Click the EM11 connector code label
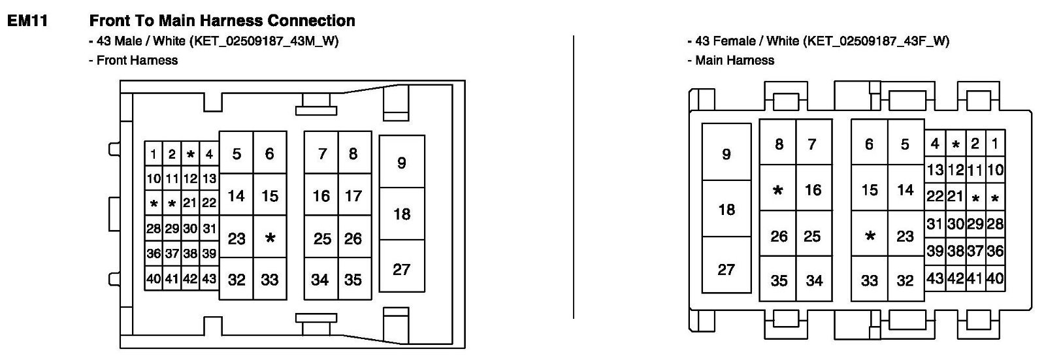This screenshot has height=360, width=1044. coord(27,21)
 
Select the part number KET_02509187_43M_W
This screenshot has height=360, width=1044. coord(264,41)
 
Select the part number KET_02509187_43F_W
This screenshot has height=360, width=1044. coord(876,41)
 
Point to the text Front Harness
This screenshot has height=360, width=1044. coord(137,60)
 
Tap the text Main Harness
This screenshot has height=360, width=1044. coord(734,60)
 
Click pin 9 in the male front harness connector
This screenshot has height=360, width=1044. coord(401,162)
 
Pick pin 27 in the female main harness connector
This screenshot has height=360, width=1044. coord(726,269)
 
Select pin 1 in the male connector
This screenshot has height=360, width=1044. coord(153,155)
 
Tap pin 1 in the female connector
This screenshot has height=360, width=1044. coord(994,144)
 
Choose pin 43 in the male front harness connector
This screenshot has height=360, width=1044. coord(209,279)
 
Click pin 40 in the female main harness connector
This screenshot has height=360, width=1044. coord(995,278)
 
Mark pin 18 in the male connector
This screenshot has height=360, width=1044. coord(402,214)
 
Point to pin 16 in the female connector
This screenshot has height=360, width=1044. coord(813,190)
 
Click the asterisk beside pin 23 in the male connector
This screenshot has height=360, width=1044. coord(270,238)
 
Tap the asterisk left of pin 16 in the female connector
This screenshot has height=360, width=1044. coord(777,190)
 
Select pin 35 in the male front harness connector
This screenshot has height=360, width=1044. coord(353,280)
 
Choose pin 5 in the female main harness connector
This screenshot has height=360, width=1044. coord(905,144)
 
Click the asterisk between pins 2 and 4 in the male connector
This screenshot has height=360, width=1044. coord(190,155)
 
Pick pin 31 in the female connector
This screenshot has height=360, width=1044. coord(934,223)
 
